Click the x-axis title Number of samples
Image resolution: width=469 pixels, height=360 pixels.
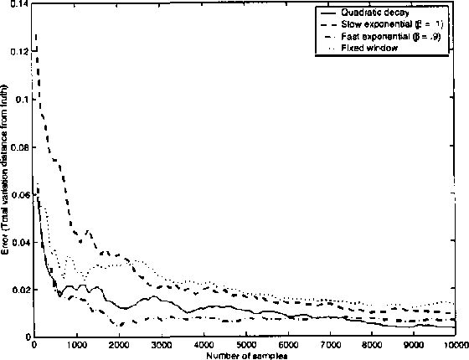pos(245,354)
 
